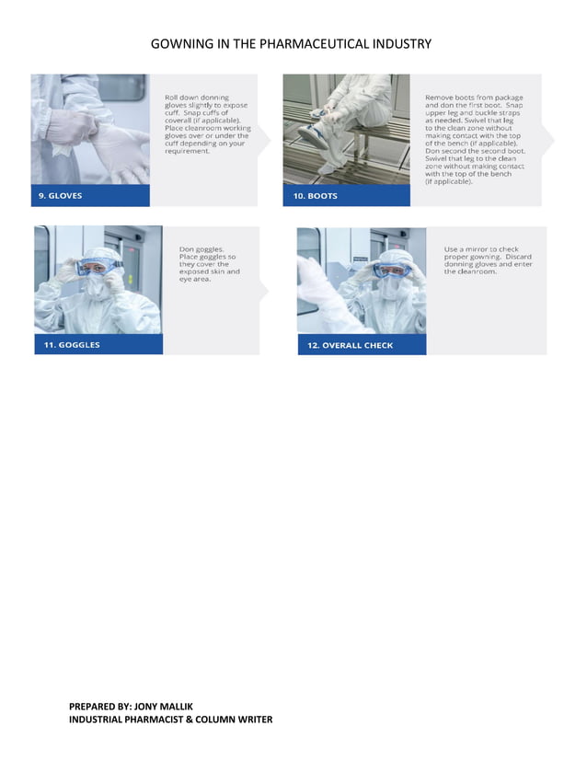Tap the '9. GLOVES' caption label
coord(60,196)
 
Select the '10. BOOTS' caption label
coord(316,196)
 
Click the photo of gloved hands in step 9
coord(90,130)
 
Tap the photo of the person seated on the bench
coord(346,130)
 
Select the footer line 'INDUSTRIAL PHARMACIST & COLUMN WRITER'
coord(170,720)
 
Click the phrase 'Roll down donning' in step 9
coord(197,97)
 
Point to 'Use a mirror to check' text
coord(479,248)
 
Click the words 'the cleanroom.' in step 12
coord(471,271)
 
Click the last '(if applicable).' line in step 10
coord(450,181)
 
